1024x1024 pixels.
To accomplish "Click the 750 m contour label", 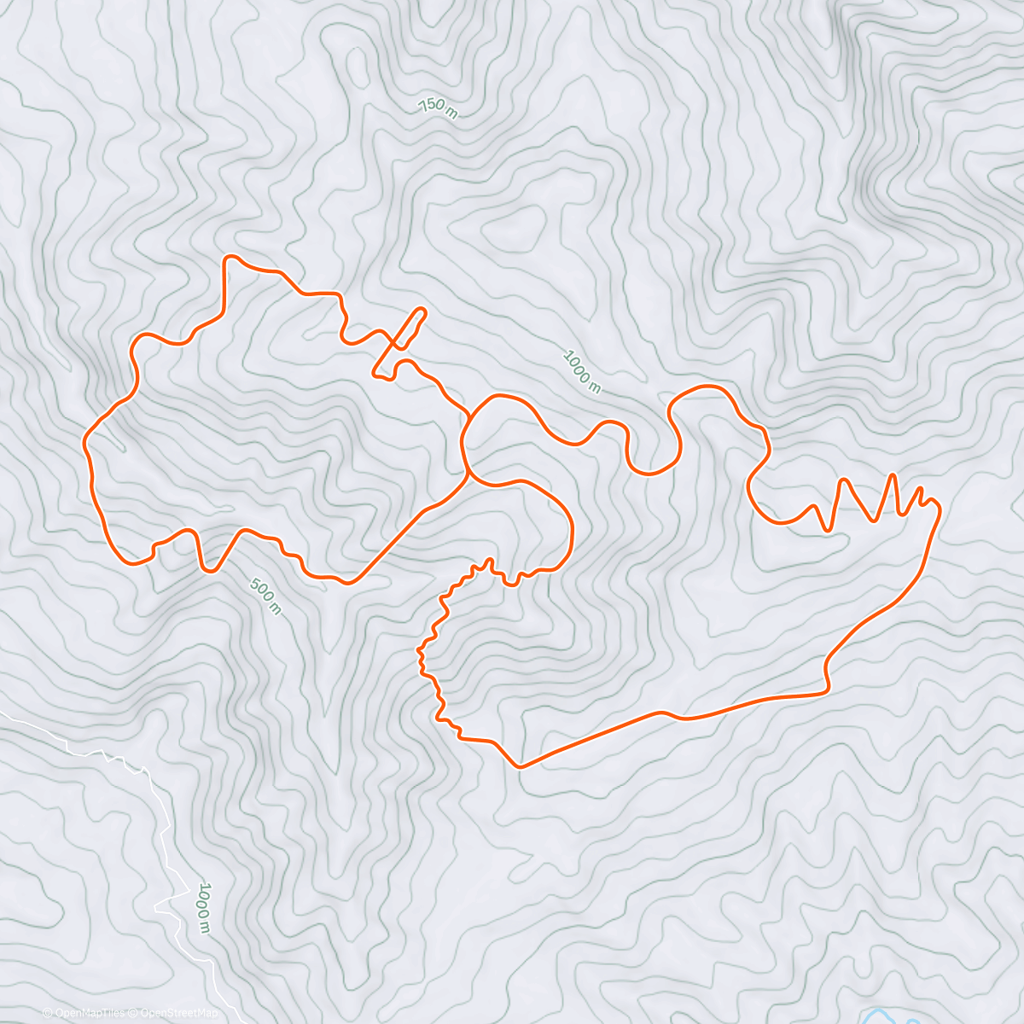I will click(x=436, y=108).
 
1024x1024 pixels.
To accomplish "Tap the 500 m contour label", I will click(x=265, y=595).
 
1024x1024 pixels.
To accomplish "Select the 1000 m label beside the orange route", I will click(x=582, y=371).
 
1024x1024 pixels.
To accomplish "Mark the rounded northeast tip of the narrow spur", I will click(x=422, y=311).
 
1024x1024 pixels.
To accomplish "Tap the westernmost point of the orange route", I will click(x=84, y=442).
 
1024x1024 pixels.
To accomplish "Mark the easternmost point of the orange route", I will click(x=940, y=509).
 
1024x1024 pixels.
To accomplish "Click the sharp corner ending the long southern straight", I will click(x=827, y=688).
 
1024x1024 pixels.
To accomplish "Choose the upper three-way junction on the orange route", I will click(x=471, y=417).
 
